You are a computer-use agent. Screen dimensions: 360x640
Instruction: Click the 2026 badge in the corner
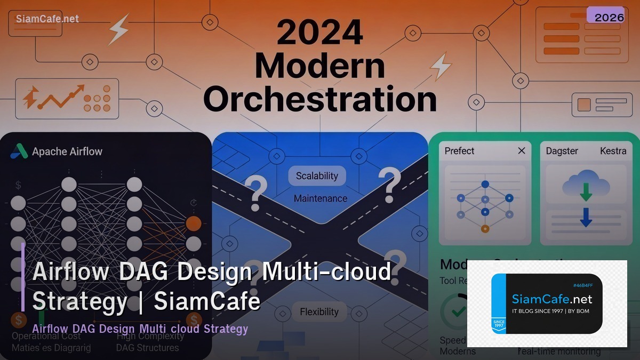click(609, 17)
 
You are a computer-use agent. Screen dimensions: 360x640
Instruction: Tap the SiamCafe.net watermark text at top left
click(47, 19)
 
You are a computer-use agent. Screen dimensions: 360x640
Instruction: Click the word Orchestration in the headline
click(320, 99)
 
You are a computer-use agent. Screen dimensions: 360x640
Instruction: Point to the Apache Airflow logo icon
click(19, 151)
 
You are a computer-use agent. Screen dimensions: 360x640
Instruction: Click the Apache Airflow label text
click(67, 151)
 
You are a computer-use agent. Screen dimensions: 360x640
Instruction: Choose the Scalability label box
click(317, 175)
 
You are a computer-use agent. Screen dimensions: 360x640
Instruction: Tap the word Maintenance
click(320, 198)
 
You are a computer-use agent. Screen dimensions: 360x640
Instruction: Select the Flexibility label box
click(319, 312)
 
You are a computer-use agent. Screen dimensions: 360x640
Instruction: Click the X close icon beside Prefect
click(522, 151)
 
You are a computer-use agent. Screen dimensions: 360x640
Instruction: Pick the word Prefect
click(459, 151)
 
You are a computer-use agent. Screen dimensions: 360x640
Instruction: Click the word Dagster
click(562, 151)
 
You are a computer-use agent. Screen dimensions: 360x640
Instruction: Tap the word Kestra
click(613, 151)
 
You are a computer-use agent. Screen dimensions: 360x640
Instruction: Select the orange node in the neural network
click(194, 223)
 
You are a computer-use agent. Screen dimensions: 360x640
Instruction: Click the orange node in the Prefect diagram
click(485, 229)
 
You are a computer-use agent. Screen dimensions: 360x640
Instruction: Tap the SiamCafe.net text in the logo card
click(552, 299)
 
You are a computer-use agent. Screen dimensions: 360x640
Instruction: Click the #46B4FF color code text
click(583, 285)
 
